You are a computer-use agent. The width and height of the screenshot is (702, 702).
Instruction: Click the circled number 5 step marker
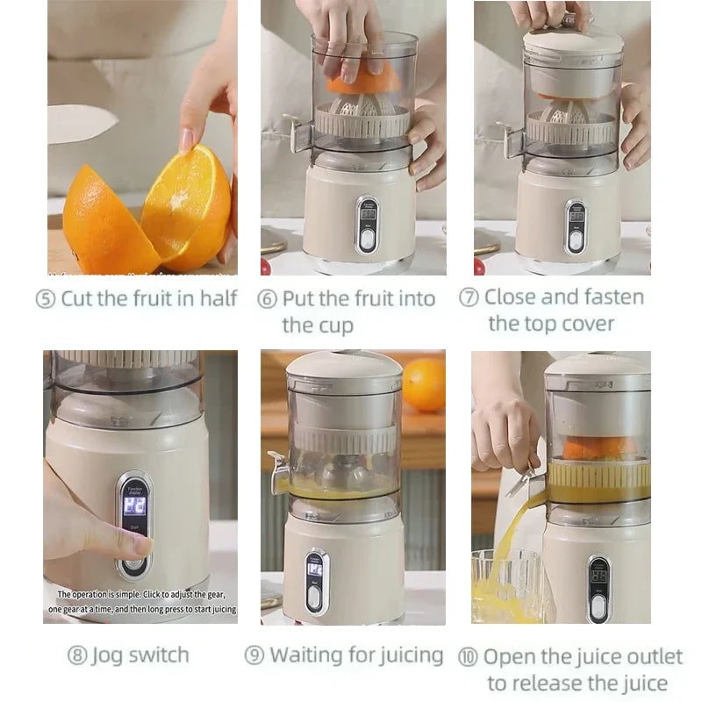click(x=46, y=299)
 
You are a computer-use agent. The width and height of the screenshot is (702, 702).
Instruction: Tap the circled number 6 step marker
click(x=268, y=299)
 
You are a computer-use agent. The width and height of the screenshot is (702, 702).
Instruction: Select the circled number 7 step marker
click(x=469, y=297)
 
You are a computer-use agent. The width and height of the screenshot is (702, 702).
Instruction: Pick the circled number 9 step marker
click(x=254, y=655)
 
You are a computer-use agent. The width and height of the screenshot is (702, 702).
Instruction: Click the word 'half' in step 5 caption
click(x=218, y=298)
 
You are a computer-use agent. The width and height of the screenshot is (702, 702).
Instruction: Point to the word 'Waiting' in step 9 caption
click(x=307, y=655)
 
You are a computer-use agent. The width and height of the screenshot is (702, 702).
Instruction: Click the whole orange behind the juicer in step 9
click(x=424, y=383)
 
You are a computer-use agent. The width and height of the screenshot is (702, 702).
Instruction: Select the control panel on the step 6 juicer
click(x=367, y=225)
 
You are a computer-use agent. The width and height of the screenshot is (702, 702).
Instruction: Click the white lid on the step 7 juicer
click(x=573, y=39)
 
